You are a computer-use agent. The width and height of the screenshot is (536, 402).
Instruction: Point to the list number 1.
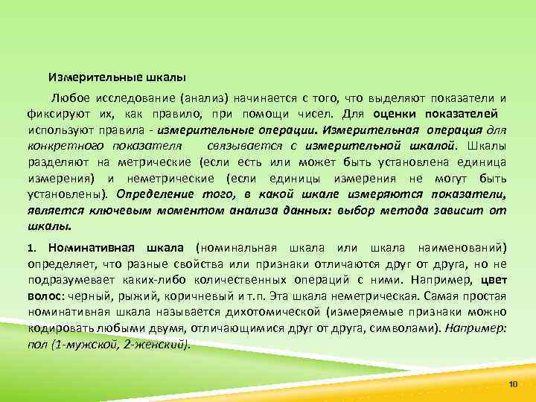(31, 247)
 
